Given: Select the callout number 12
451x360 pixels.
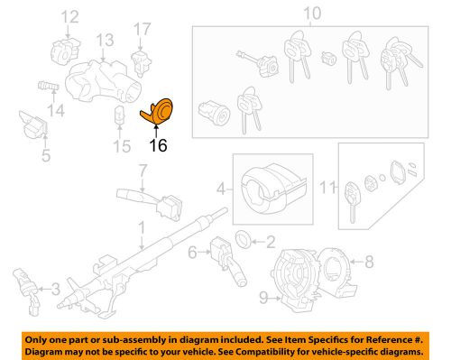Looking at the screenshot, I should point(69,15).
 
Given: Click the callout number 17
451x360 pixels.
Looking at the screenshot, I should point(143,29).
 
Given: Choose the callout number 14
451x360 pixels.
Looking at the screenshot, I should point(57,111).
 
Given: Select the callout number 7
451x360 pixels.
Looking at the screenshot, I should point(143,170).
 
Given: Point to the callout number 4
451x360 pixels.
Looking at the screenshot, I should point(219,190).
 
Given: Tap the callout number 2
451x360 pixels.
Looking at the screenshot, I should point(271,241).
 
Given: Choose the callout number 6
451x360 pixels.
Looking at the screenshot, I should point(193,256).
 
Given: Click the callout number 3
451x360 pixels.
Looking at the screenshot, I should point(57,289).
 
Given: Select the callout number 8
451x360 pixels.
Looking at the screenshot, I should point(368,262).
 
